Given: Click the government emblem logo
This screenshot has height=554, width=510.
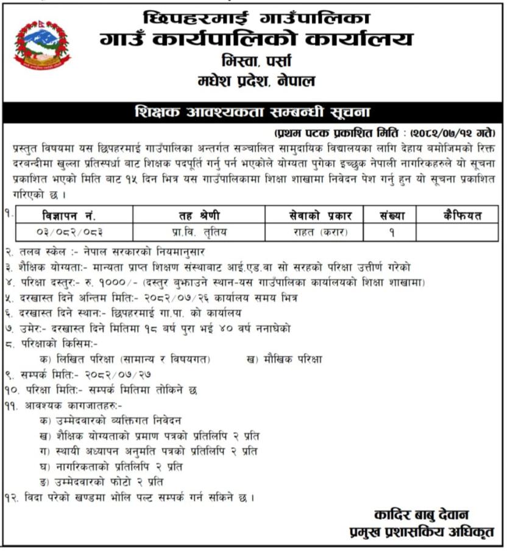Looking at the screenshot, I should click(x=42, y=45).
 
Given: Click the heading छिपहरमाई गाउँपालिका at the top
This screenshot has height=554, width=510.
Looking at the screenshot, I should click(x=255, y=17).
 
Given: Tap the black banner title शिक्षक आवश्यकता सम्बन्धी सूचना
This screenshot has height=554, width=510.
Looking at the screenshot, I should click(x=255, y=114).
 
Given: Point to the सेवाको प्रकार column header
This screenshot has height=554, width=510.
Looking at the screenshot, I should click(x=313, y=215).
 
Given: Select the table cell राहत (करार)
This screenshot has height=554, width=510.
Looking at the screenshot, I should click(x=313, y=232).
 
